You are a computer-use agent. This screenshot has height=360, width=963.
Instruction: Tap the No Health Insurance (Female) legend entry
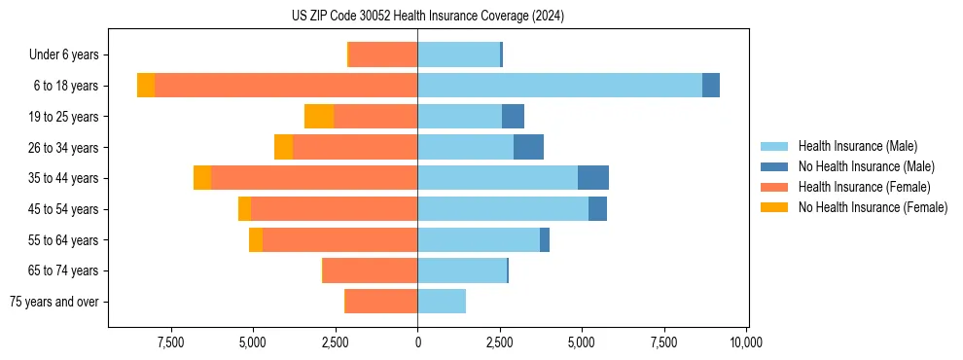pos(873,207)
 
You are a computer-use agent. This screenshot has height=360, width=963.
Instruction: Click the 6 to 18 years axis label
pos(65,86)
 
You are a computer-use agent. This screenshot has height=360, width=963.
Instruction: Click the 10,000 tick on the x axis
pos(746,342)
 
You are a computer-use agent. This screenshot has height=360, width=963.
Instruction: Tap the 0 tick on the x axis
pos(417,342)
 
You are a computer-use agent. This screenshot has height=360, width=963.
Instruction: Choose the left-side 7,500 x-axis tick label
pos(170,342)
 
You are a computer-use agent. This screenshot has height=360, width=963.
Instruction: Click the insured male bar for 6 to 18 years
pos(559,86)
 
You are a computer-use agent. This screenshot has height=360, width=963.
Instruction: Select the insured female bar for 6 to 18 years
pos(286,86)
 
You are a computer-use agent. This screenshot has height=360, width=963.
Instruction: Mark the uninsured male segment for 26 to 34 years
pos(528,147)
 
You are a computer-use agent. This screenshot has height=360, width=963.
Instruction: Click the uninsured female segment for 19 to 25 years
pos(319,117)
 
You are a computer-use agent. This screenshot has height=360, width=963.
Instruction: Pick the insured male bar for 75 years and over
pos(442,302)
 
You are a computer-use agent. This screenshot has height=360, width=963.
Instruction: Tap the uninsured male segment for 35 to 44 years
pos(593,178)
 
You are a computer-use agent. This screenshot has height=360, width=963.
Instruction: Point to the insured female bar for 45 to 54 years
pos(334,209)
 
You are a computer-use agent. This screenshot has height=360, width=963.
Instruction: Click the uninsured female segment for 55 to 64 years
pos(256,239)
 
